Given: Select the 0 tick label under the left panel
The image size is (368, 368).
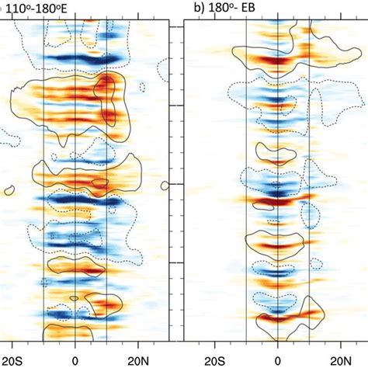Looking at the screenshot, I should [75, 359].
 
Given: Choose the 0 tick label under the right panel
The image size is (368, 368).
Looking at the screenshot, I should [277, 359].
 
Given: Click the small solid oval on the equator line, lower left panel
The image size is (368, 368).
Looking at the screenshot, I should [74, 298].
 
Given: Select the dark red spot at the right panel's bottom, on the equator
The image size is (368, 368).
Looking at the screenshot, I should [277, 318].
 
